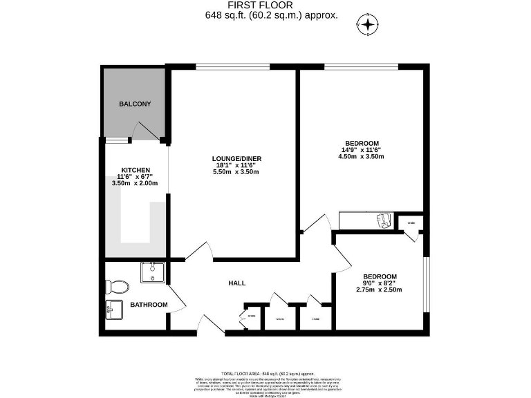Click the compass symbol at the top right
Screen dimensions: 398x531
click(368, 26)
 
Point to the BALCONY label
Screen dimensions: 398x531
click(135, 104)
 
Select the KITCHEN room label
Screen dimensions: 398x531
click(135, 169)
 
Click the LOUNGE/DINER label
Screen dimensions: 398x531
click(236, 158)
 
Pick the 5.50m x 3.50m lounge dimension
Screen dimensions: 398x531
click(236, 172)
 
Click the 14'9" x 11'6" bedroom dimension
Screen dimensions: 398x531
click(360, 150)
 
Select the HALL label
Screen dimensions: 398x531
click(237, 283)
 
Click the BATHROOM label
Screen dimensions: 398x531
click(149, 304)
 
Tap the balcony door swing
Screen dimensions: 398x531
click(146, 130)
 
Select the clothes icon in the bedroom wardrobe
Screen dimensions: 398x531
click(384, 220)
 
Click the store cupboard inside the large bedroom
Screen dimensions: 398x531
click(411, 223)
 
